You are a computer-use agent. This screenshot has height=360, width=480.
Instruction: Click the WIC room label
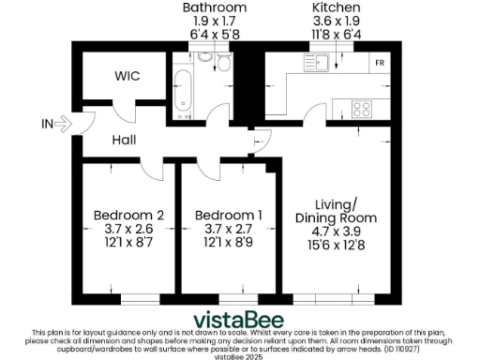[x=127, y=76]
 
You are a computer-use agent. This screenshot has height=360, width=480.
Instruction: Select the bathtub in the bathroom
[x=181, y=83]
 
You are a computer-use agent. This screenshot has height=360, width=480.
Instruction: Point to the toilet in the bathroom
[x=224, y=62]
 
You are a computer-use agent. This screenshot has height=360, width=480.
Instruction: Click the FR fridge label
[x=379, y=64]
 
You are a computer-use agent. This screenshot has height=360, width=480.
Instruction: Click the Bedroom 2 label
[x=128, y=216]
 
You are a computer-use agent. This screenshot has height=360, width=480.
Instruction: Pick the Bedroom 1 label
[x=228, y=216]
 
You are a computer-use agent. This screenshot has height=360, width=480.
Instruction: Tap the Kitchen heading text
[x=335, y=7]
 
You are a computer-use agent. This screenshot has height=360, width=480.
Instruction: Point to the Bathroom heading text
[x=215, y=7]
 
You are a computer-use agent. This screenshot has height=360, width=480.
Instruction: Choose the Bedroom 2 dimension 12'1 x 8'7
[x=128, y=242]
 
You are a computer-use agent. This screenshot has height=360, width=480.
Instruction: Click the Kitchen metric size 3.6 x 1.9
[x=335, y=21]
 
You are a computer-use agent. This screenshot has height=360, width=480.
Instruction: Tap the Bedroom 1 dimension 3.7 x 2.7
[x=228, y=229]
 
